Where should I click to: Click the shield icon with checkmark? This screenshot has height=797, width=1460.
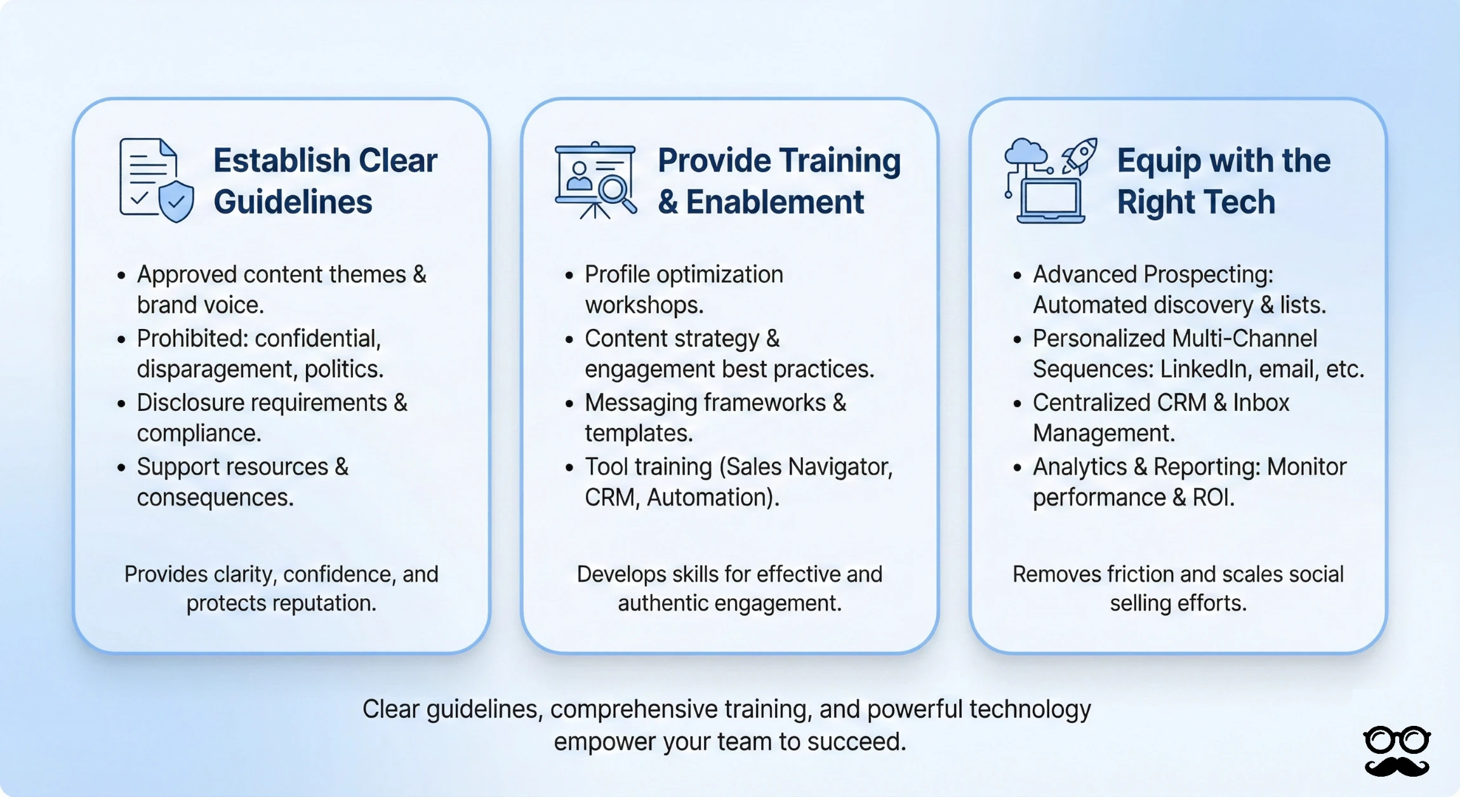[176, 201]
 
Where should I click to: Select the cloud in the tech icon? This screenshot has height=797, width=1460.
[1026, 152]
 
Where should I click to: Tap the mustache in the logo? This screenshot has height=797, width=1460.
[1397, 766]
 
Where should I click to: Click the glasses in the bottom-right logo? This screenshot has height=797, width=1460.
[1397, 740]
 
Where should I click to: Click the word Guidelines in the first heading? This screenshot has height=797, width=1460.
[293, 202]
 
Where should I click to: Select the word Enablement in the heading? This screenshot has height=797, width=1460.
[774, 202]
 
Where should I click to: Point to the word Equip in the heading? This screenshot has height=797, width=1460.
[1158, 161]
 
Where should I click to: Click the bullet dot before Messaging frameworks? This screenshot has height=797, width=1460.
[569, 404]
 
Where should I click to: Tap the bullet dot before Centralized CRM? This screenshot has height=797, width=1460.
[1018, 404]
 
